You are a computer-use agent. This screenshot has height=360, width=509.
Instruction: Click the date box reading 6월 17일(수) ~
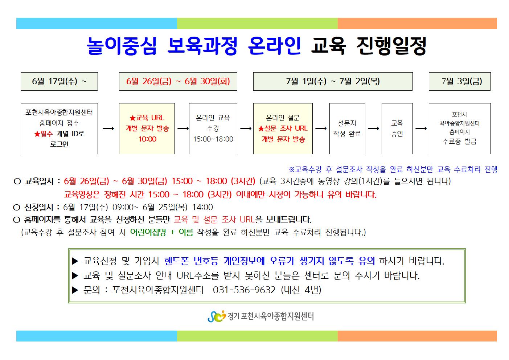click(x=59, y=81)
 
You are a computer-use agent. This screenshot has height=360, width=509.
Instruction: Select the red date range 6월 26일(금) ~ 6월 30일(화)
click(x=178, y=81)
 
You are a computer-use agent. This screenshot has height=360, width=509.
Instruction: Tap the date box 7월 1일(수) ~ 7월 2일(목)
click(x=333, y=81)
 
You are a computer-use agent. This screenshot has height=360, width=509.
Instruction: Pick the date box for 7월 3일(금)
click(x=460, y=81)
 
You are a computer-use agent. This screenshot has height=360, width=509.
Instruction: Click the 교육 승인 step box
click(x=397, y=128)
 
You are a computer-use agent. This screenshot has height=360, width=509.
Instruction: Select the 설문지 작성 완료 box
click(x=347, y=128)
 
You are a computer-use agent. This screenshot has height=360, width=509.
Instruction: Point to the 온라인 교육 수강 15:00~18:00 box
click(x=213, y=128)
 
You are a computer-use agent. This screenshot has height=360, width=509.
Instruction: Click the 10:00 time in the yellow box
click(x=147, y=139)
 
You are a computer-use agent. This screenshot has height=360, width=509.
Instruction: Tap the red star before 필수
click(x=37, y=134)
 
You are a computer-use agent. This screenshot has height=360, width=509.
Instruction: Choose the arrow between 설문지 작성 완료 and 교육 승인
click(x=373, y=128)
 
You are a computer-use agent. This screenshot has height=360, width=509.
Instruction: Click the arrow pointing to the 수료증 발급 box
click(x=421, y=128)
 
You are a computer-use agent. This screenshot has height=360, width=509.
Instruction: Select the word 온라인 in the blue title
click(x=274, y=46)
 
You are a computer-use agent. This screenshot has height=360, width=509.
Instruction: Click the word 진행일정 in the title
click(x=391, y=46)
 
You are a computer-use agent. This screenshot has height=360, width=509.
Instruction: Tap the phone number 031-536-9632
click(x=244, y=290)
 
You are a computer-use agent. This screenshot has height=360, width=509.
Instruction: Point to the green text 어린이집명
click(x=148, y=232)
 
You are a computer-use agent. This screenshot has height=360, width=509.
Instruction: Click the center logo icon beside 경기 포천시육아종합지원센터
click(x=217, y=316)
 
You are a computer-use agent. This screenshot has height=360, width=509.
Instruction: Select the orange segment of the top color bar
click(x=417, y=24)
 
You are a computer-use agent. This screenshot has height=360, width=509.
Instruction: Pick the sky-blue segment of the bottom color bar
click(x=97, y=336)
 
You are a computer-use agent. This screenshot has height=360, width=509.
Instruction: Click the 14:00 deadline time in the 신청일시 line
click(x=202, y=207)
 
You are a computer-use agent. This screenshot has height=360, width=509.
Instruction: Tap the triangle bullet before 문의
click(x=75, y=290)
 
